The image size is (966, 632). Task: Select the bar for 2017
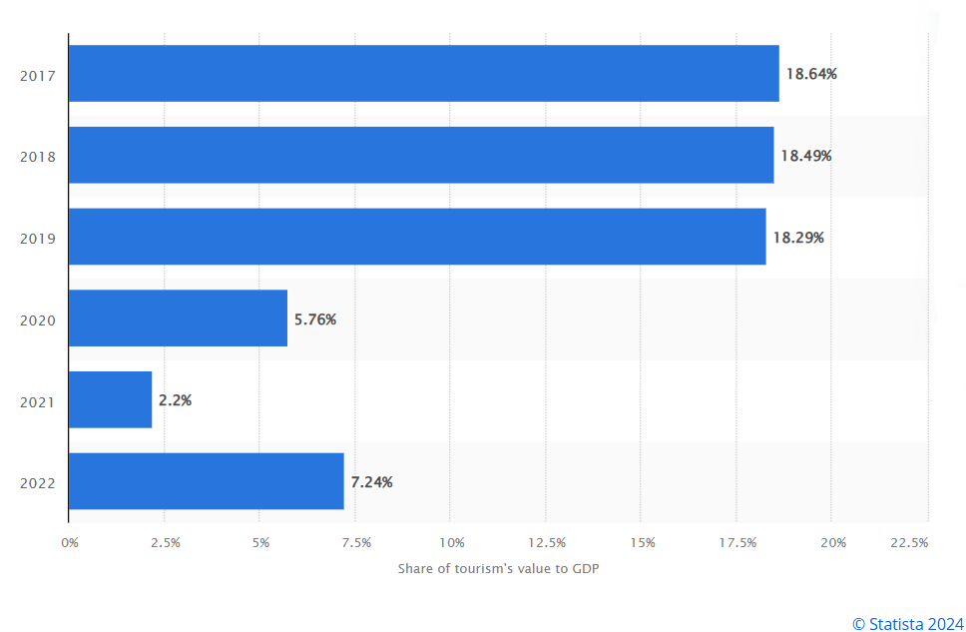coord(424,73)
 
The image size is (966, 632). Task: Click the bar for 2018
coord(421,156)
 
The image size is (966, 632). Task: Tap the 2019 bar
coord(418,237)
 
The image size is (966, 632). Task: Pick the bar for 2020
coord(178,318)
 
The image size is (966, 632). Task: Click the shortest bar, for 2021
coord(111,399)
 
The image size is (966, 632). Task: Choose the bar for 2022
coord(207,481)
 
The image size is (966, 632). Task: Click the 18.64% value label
coord(811,74)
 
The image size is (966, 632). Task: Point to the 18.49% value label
coord(805,156)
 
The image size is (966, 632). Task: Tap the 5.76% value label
coord(314,319)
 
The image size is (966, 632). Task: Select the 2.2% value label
coord(175,400)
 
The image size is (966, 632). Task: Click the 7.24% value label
coord(371,482)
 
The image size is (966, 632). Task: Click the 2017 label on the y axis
coord(38,76)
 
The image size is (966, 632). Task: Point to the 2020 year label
coord(38,320)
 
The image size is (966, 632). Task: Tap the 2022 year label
coord(38,483)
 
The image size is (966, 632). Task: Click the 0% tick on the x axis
coord(70,542)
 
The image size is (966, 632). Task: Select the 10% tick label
coord(452,542)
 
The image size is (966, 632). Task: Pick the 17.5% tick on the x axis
coord(737,542)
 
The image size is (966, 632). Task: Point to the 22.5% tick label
coord(909,542)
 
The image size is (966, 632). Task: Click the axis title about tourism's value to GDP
coord(498,568)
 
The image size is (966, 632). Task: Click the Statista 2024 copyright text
coord(907,624)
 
